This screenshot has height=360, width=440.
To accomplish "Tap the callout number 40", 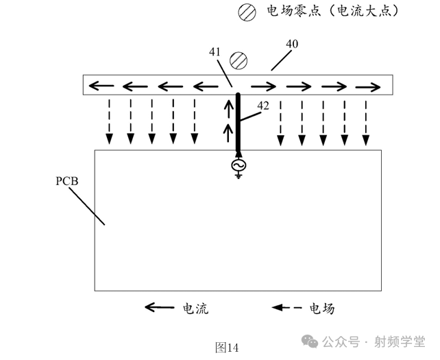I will [292, 45].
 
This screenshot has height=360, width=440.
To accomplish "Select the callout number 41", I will [215, 51].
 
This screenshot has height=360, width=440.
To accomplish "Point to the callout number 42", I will [263, 106].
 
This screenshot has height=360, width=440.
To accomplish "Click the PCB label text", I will [66, 182].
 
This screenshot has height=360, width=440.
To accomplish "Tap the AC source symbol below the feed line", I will [238, 166].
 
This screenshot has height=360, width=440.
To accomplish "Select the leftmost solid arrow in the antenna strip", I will [101, 86].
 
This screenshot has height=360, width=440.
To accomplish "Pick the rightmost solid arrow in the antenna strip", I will [367, 86].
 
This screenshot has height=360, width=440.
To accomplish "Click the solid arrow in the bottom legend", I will [159, 309].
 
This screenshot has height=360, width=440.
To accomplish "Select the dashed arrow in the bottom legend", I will [288, 309].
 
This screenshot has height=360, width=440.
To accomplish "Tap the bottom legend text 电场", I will [322, 309].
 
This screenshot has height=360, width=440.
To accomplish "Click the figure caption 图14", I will [226, 348].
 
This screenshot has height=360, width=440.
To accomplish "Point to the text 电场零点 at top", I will [284, 12].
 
